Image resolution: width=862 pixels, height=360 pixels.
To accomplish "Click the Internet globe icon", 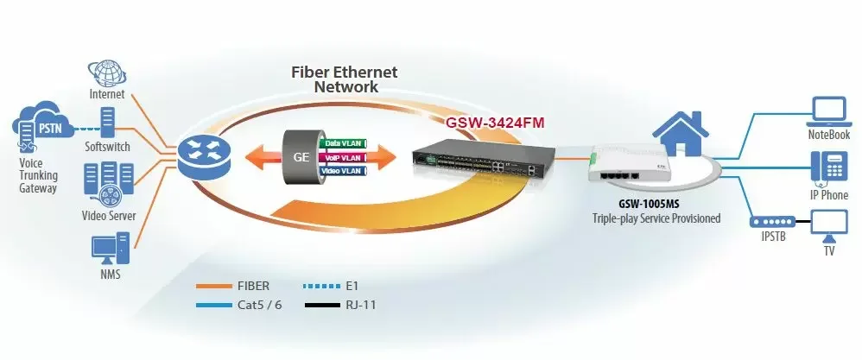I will [x=107, y=73].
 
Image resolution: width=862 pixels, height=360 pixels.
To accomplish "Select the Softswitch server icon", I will [x=108, y=123].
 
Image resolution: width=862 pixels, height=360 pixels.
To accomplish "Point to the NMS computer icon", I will [x=108, y=249].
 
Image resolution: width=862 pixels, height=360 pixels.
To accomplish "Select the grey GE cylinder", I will [x=298, y=159].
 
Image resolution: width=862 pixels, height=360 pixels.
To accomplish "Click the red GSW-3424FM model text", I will [x=495, y=123].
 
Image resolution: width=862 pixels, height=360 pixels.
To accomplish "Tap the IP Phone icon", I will [x=825, y=167].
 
